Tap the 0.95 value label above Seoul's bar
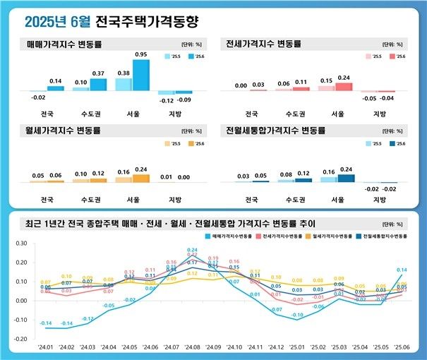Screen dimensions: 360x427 pyautogui.click(x=140, y=54)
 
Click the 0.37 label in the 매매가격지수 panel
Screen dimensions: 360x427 pyautogui.click(x=98, y=73)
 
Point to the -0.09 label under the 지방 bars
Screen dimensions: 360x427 pyautogui.click(x=184, y=100)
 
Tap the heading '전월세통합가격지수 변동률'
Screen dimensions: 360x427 pyautogui.click(x=275, y=131)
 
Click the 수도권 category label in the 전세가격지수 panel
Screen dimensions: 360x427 pyautogui.click(x=294, y=114)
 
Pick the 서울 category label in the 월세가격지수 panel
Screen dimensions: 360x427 pyautogui.click(x=124, y=200)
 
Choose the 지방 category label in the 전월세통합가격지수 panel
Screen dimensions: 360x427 pyautogui.click(x=379, y=200)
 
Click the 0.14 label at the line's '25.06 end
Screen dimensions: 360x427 pyautogui.click(x=402, y=270)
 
